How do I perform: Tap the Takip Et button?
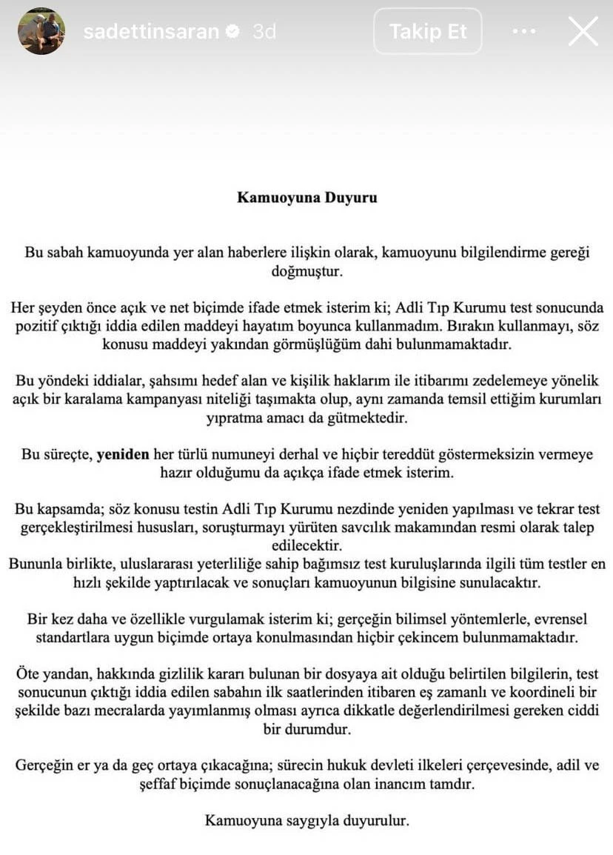(428, 32)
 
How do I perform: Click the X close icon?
(583, 32)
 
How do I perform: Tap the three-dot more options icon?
(523, 32)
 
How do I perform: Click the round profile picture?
(41, 31)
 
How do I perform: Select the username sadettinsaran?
(151, 32)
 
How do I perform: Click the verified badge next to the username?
(232, 32)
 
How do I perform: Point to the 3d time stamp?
(264, 32)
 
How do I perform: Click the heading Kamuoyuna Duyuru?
(306, 197)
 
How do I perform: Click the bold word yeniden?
(123, 454)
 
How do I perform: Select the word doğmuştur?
(306, 271)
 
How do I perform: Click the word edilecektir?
(306, 546)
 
